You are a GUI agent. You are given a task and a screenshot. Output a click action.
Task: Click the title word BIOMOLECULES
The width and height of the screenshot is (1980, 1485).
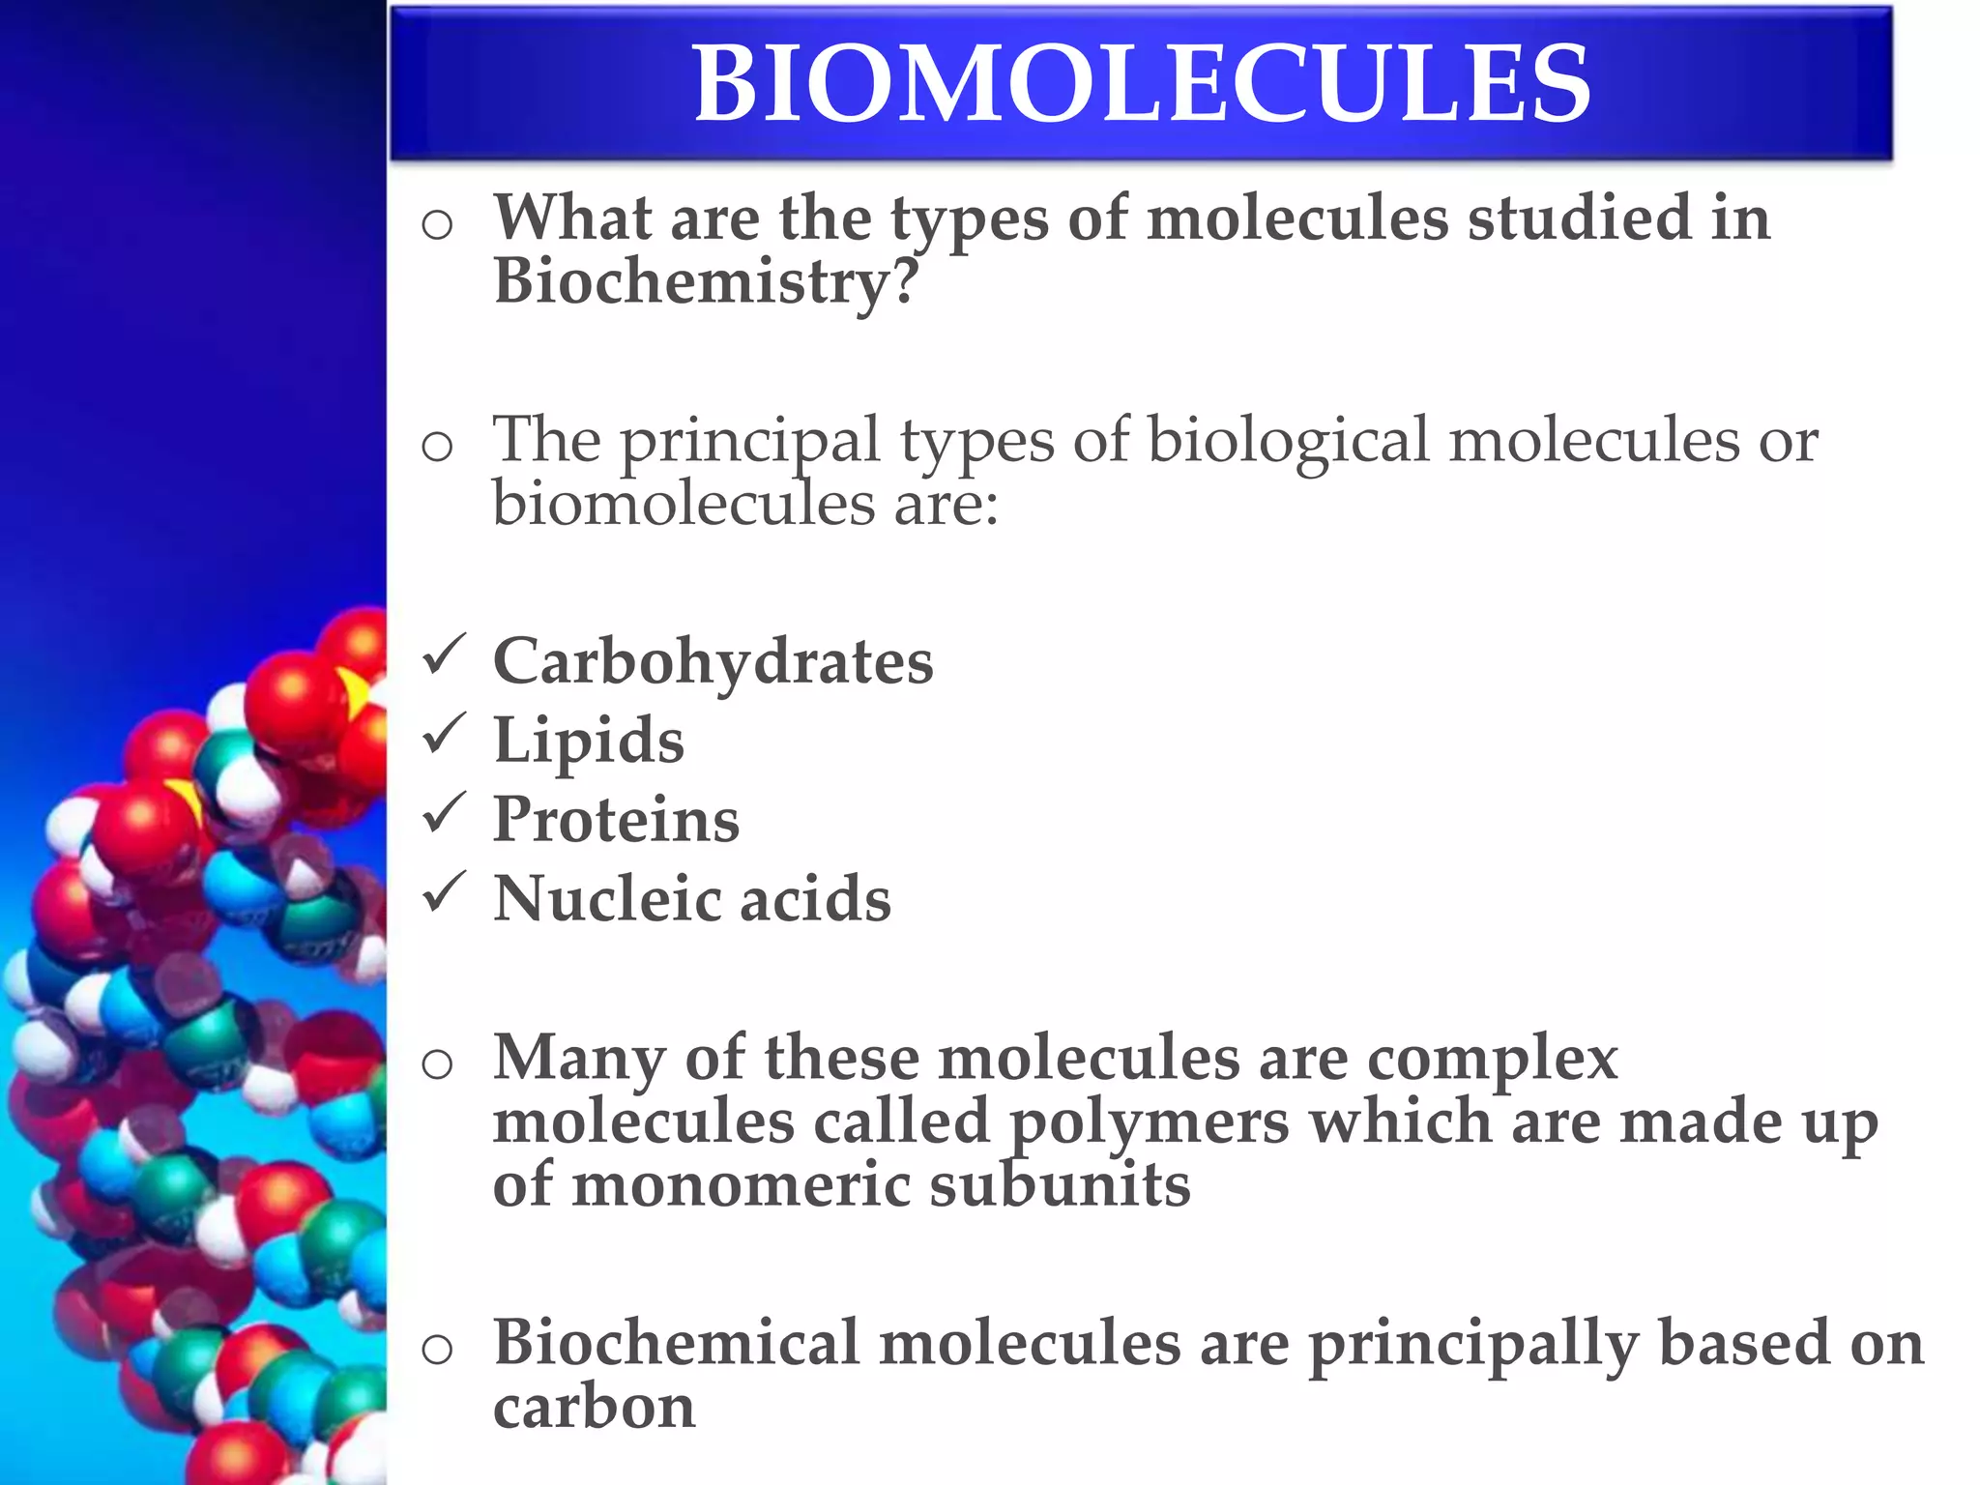coord(1141,85)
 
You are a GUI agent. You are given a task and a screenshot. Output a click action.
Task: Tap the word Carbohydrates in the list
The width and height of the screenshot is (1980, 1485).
coord(713,663)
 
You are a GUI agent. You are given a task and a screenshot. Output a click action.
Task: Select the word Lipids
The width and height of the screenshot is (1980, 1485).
coord(589,742)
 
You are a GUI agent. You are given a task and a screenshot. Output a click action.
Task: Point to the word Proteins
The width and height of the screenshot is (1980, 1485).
coord(616,821)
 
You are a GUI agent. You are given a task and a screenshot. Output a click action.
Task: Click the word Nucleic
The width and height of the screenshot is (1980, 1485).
coord(605,899)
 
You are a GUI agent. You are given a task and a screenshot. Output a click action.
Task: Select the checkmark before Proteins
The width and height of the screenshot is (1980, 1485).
coord(444,813)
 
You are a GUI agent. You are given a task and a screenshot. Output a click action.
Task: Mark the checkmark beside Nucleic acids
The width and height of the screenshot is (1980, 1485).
coord(444,892)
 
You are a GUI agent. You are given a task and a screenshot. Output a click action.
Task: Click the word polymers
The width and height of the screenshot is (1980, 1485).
coord(1150,1124)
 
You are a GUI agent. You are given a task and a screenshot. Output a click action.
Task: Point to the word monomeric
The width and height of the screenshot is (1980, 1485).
coord(741,1187)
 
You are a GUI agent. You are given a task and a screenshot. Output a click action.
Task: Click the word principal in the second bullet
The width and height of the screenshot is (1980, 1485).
coord(749,443)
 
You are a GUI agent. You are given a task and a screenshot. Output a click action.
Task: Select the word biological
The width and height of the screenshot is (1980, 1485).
coord(1288,441)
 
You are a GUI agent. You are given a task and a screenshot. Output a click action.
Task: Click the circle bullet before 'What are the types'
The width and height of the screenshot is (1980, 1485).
coord(437,226)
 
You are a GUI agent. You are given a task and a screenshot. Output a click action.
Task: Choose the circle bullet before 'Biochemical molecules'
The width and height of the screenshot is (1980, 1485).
coord(437,1350)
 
